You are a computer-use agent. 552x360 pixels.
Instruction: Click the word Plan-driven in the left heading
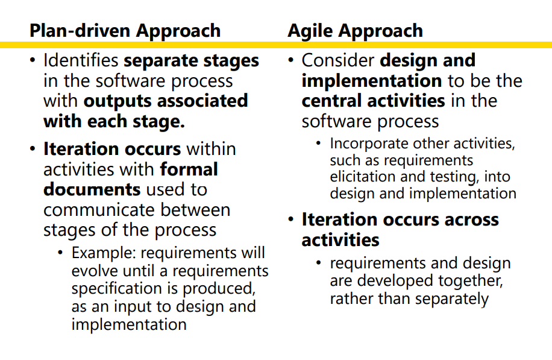click(80, 31)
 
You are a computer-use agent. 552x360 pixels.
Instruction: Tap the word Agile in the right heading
click(310, 31)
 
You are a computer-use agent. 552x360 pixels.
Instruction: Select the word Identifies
click(81, 60)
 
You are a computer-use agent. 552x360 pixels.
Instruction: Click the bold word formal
click(189, 169)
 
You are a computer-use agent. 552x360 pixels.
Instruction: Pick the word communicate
click(99, 210)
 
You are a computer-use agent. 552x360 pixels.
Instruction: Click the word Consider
click(338, 60)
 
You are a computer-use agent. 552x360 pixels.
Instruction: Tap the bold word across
click(471, 220)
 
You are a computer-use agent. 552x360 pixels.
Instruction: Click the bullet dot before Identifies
click(33, 60)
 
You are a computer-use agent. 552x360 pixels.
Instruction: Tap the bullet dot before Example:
click(60, 253)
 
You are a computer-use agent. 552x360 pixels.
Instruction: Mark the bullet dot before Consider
click(291, 60)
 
